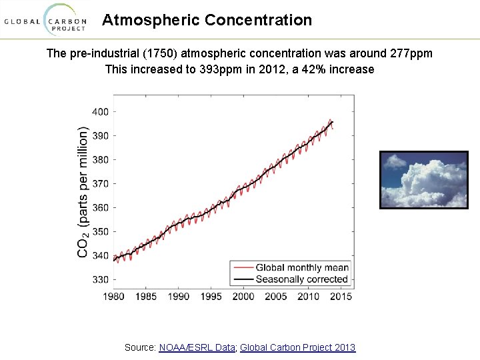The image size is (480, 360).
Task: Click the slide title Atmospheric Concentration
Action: (207, 20)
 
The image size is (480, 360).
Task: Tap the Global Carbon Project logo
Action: (45, 21)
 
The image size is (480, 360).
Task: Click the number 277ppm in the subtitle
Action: (411, 53)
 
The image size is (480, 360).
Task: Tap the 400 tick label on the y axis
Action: (101, 112)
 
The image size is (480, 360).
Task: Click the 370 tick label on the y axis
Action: (101, 184)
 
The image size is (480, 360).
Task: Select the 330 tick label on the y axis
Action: (101, 279)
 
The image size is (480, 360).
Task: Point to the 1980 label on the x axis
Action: (113, 296)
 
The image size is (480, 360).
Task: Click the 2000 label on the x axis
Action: (243, 296)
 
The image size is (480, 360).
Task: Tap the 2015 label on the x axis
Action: (341, 296)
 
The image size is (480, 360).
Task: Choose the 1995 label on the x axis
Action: (211, 296)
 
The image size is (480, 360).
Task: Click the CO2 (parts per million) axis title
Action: (83, 191)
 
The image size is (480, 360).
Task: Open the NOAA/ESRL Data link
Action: (197, 347)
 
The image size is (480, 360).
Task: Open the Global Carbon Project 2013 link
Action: (297, 347)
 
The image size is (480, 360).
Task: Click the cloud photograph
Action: (424, 180)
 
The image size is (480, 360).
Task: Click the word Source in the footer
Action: (141, 347)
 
